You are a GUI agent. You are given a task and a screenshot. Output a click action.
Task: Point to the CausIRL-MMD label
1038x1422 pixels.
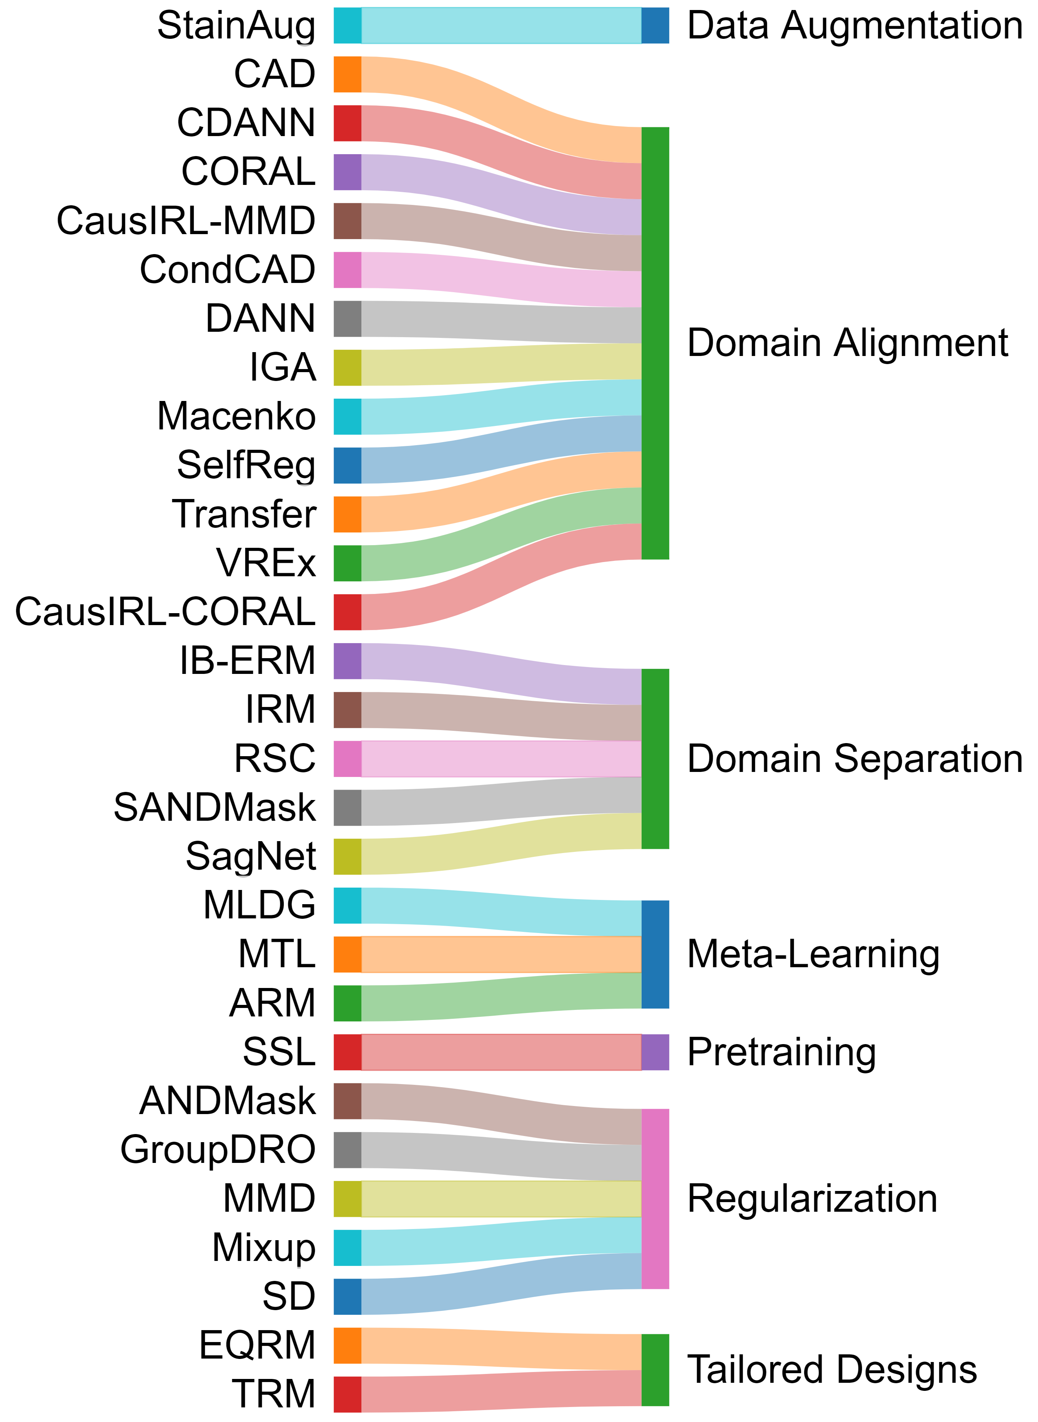tap(186, 221)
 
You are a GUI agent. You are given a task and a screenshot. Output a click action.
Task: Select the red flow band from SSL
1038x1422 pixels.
tap(501, 1052)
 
